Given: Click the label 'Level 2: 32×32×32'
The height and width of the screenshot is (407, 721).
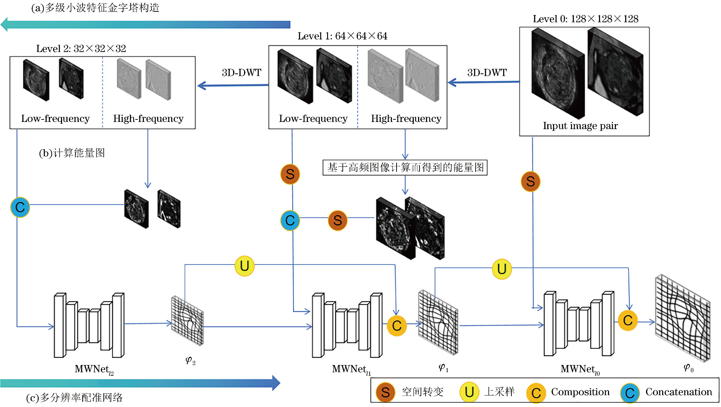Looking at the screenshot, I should (x=81, y=49).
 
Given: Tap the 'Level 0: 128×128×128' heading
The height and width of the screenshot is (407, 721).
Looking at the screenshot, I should (x=585, y=19).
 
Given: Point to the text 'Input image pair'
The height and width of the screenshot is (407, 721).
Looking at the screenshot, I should (x=580, y=126).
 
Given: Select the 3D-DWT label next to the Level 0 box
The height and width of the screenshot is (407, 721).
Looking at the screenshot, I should (x=487, y=73).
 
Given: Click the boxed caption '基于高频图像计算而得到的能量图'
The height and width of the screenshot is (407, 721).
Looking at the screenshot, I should (x=405, y=167).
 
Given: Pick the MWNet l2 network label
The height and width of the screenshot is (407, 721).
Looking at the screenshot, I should (x=94, y=369).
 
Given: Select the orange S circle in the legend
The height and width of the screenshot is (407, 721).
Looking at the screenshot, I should (x=385, y=392).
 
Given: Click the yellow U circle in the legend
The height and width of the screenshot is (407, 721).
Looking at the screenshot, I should (x=469, y=392).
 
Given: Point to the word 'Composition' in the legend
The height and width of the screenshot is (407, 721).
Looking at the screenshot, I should (x=580, y=392).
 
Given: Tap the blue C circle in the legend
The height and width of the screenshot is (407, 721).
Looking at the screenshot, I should (x=630, y=393).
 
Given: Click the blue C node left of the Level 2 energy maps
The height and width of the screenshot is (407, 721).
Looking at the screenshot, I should (x=20, y=207).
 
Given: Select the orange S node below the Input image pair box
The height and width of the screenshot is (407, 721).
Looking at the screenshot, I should (x=530, y=181).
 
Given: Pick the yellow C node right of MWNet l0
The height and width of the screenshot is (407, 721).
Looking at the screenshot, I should (x=627, y=320).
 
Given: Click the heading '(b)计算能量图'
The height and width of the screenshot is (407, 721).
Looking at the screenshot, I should (x=72, y=153).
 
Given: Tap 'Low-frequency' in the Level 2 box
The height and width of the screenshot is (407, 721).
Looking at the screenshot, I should (x=55, y=119).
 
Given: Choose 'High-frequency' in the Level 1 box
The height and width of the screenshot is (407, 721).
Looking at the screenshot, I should (x=406, y=119).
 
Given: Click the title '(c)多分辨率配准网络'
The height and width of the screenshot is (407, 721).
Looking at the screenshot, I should (x=74, y=398).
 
